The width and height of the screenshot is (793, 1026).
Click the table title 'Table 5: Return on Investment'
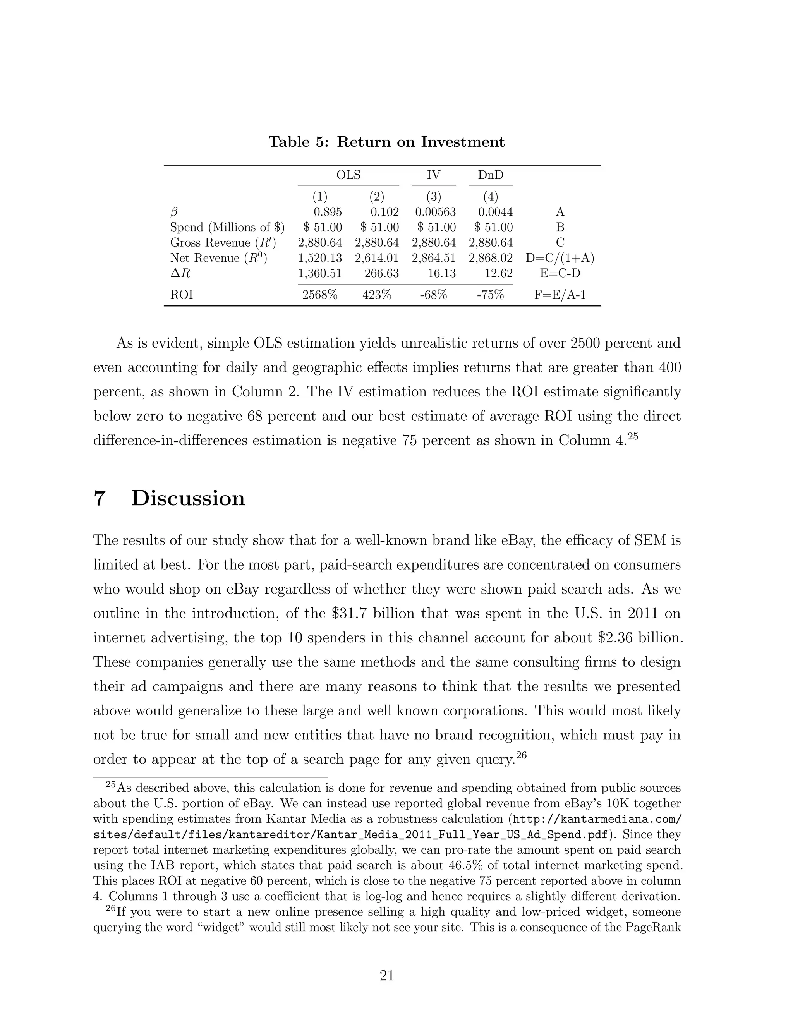click(x=386, y=142)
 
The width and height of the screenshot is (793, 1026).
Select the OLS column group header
click(x=348, y=175)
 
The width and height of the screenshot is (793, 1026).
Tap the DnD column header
click(x=491, y=175)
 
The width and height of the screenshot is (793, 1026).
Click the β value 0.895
click(x=328, y=212)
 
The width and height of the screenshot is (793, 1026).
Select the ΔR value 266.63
click(x=381, y=273)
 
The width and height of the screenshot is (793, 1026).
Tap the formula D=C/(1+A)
click(x=560, y=258)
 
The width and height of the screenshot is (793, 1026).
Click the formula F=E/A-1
click(x=560, y=295)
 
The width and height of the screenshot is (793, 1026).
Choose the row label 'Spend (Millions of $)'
click(x=227, y=227)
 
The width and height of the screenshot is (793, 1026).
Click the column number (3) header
click(x=434, y=196)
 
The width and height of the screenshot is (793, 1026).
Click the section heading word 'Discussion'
click(x=188, y=498)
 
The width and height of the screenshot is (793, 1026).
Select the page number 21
click(x=387, y=976)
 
